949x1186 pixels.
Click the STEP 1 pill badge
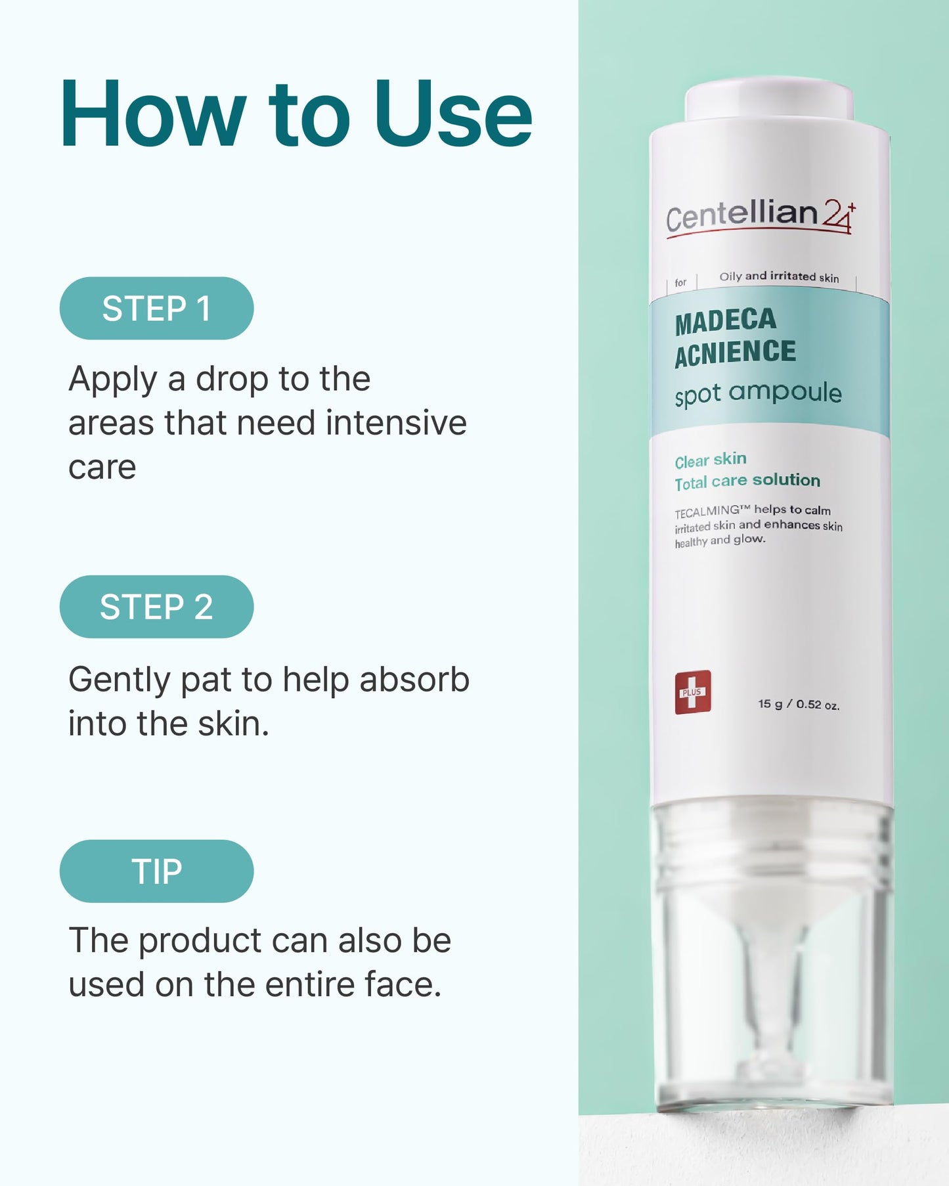click(x=156, y=309)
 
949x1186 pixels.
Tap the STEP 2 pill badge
click(x=156, y=607)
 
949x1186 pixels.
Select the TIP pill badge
click(x=156, y=871)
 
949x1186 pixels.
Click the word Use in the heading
click(x=453, y=115)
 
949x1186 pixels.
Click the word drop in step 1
click(x=232, y=380)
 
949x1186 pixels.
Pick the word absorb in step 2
click(x=414, y=679)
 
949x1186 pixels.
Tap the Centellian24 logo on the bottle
click(x=761, y=216)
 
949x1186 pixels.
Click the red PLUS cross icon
click(x=693, y=692)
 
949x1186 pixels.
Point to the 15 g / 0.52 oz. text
click(x=799, y=705)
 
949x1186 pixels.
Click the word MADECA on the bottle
click(x=726, y=321)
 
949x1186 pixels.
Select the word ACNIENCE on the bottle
click(x=735, y=353)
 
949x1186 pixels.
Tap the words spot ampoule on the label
click(x=758, y=393)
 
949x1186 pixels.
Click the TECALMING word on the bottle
click(x=707, y=511)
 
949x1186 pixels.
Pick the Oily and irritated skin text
click(x=779, y=276)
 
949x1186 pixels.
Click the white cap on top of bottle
click(x=769, y=101)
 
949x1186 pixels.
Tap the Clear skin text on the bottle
click(x=711, y=460)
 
